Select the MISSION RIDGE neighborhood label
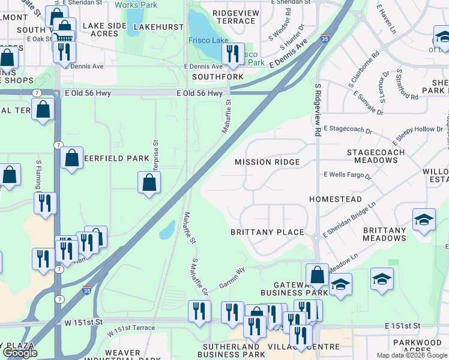[267, 163]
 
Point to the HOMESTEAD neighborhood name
[336, 199]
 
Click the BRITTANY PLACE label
[267, 232]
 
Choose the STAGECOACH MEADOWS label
[380, 157]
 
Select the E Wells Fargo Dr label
[348, 176]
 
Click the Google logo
[20, 353]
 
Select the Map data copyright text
[412, 355]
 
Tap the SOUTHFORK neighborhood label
[218, 77]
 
